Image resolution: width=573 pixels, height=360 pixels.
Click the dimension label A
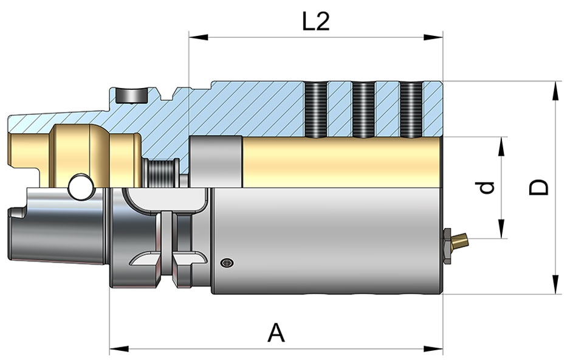click(276, 333)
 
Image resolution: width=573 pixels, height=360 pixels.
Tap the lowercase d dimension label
click(484, 189)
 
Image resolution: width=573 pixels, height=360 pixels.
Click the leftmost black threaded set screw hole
click(315, 108)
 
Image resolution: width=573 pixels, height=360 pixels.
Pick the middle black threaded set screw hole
click(363, 108)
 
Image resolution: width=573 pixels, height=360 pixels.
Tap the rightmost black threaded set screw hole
click(411, 108)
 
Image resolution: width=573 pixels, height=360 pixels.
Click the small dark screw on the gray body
click(227, 263)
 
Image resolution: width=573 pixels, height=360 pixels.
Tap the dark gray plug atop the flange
click(132, 95)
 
